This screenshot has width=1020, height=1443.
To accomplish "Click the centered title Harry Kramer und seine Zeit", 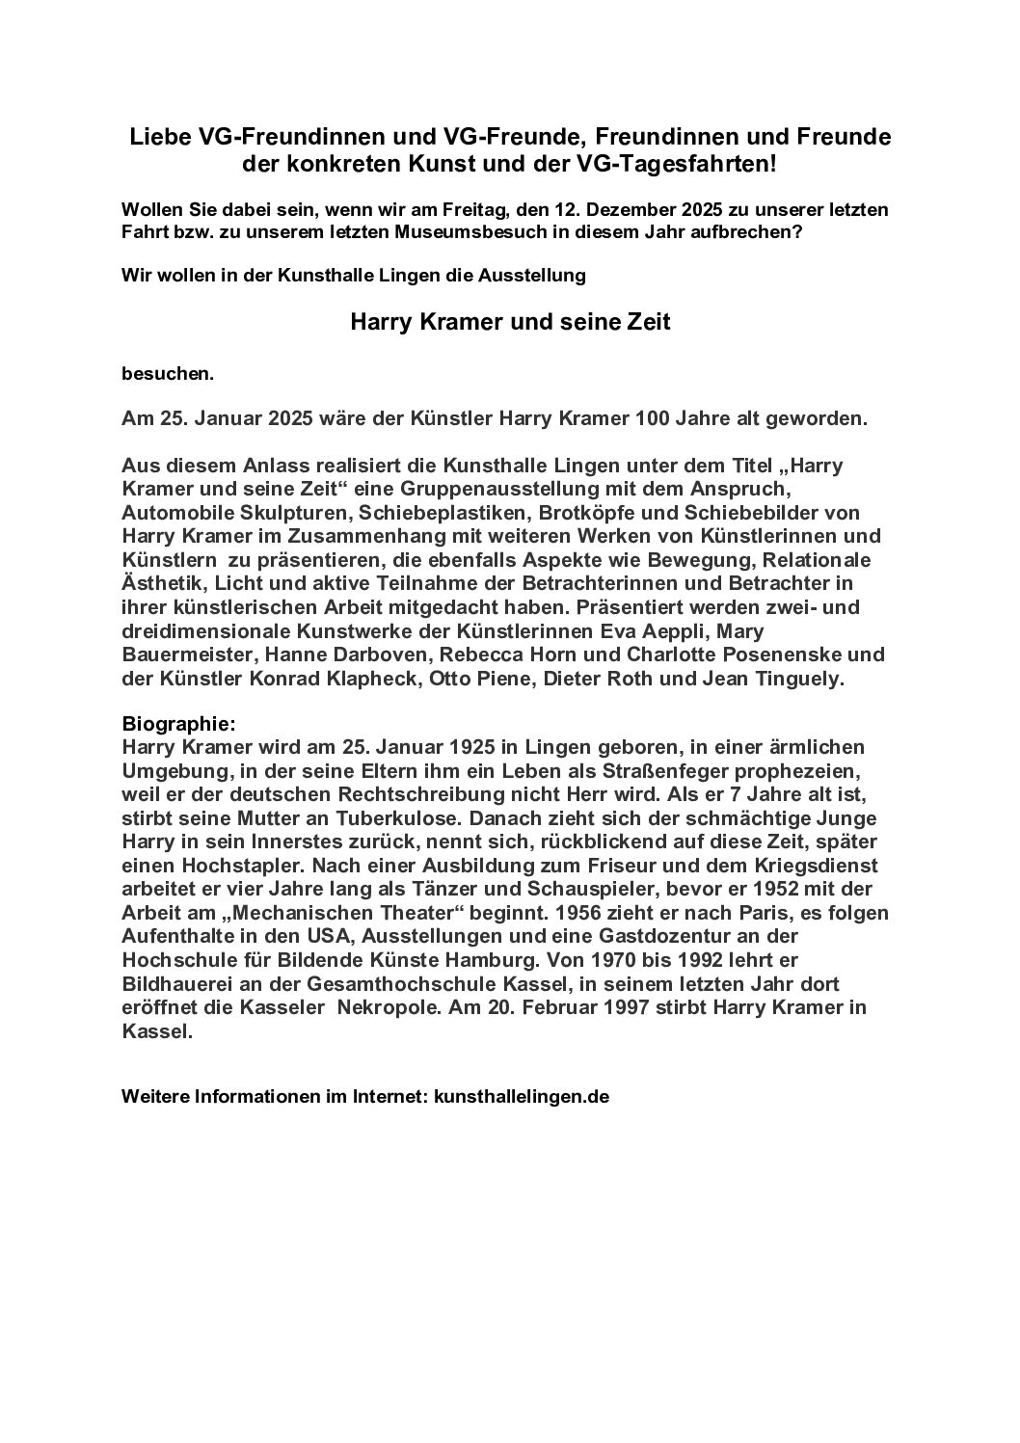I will coord(509,324).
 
